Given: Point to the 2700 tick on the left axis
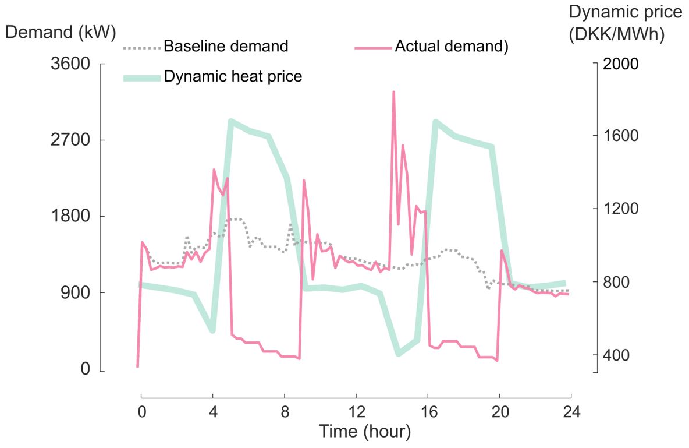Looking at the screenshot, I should point(70,140).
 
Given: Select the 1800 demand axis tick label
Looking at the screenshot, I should point(70,216).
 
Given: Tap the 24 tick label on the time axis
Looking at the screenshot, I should point(571,411).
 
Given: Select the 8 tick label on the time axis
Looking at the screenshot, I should point(285,411).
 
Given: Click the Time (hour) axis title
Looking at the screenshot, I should point(364,432).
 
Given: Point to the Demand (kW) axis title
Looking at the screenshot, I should point(60,32).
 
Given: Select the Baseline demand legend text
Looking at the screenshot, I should point(226,46).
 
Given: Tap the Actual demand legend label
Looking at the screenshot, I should point(452,46).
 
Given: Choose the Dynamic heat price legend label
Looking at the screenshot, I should point(233,76).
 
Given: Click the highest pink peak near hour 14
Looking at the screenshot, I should point(393,92).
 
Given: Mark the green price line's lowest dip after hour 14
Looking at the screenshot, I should point(399,354).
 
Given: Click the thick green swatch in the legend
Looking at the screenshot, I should point(142,77).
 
